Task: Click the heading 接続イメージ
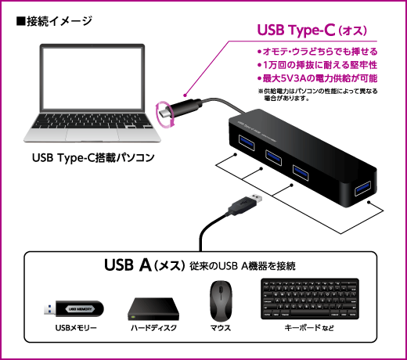click(x=54, y=21)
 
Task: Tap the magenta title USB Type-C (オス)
click(x=312, y=30)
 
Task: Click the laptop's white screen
click(x=92, y=78)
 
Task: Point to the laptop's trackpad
click(x=92, y=135)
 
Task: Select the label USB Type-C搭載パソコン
click(x=93, y=157)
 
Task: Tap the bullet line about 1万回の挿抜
click(x=317, y=65)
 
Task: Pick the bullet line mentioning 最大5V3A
click(x=317, y=78)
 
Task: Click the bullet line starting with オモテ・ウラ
click(x=317, y=52)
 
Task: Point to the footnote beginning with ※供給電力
click(x=318, y=95)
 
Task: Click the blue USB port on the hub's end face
click(x=362, y=189)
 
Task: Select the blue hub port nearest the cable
click(x=247, y=142)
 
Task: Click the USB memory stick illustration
click(x=74, y=308)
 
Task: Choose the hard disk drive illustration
click(x=153, y=309)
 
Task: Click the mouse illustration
click(x=221, y=301)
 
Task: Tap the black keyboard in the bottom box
click(x=310, y=299)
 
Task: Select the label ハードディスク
click(x=153, y=328)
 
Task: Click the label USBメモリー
click(x=76, y=328)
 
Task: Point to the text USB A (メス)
click(x=145, y=265)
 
